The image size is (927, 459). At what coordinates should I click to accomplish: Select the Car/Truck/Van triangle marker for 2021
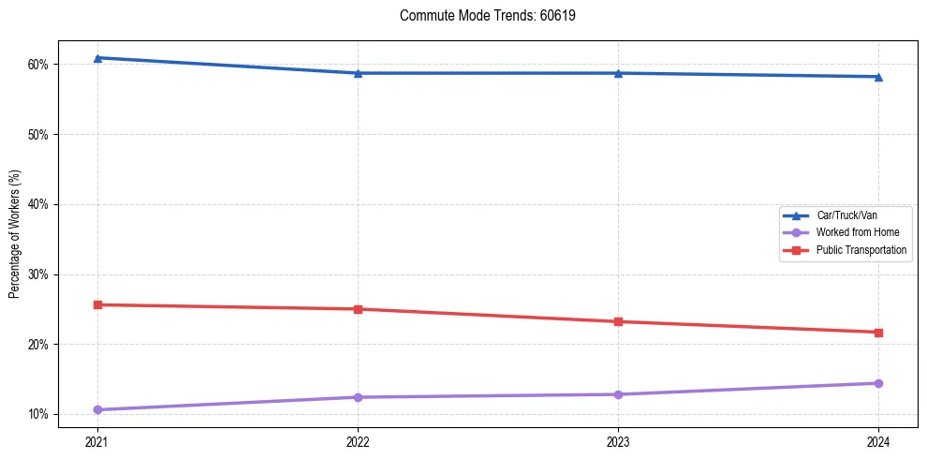point(97,58)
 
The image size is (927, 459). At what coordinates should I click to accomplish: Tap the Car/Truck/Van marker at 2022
point(358,73)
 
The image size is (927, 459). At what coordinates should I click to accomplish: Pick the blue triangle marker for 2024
point(878,77)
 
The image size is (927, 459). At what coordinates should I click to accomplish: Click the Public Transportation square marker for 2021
point(97,304)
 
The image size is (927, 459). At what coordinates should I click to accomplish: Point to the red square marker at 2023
point(618,321)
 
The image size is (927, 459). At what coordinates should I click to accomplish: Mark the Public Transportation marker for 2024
point(878,333)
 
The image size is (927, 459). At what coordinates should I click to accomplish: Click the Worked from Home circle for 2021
point(97,409)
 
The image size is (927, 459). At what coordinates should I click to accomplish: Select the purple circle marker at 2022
point(358,397)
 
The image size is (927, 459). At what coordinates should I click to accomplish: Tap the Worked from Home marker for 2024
point(878,383)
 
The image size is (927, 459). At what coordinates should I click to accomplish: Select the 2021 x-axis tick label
point(97,440)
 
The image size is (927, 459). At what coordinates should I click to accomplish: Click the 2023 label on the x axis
point(618,440)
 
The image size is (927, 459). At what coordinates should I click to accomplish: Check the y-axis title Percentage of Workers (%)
point(15,234)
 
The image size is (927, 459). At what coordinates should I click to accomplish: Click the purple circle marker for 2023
point(618,394)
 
